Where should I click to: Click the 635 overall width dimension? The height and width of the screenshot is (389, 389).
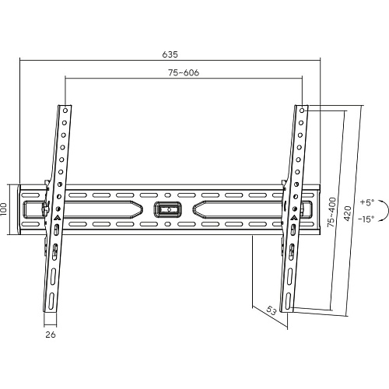(x=170, y=54)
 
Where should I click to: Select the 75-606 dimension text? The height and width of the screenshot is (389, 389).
(x=184, y=72)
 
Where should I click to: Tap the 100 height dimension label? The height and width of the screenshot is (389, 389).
(x=4, y=209)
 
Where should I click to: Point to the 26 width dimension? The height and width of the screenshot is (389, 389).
(x=51, y=335)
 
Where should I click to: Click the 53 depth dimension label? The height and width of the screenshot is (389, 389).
(x=271, y=310)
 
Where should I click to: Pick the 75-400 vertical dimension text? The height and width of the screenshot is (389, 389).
(x=331, y=212)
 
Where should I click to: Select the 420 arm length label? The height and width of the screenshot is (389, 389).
(x=348, y=213)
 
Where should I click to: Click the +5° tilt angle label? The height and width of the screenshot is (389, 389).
(x=367, y=202)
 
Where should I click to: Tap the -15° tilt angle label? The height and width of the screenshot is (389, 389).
(x=366, y=219)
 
